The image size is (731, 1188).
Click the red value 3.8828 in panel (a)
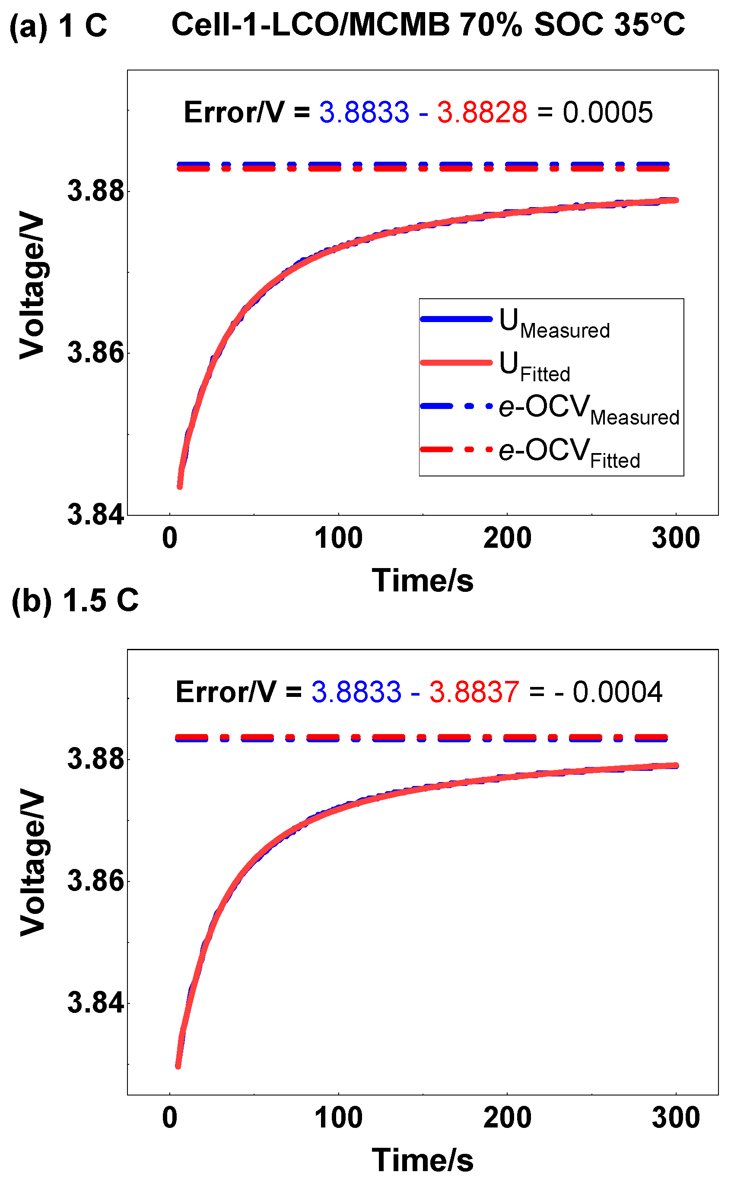point(482,112)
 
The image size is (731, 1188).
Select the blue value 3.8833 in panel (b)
point(356,692)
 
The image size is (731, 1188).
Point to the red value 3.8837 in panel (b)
point(474,692)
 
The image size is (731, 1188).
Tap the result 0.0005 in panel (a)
point(608,112)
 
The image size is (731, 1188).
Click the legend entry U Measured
point(555,323)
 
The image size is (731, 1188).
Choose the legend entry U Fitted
point(535,366)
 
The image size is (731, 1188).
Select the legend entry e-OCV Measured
point(589,409)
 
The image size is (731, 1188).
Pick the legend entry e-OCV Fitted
point(569,453)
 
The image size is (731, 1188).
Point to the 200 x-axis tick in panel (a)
point(507,538)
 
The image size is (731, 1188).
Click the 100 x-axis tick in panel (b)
point(338,1118)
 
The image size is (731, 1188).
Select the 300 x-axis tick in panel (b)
point(676,1118)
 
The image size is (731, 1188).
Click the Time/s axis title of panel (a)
point(423,581)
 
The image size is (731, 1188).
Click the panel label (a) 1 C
point(58,25)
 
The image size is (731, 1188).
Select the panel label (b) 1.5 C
point(75,600)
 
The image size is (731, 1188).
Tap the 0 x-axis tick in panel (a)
point(170,538)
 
